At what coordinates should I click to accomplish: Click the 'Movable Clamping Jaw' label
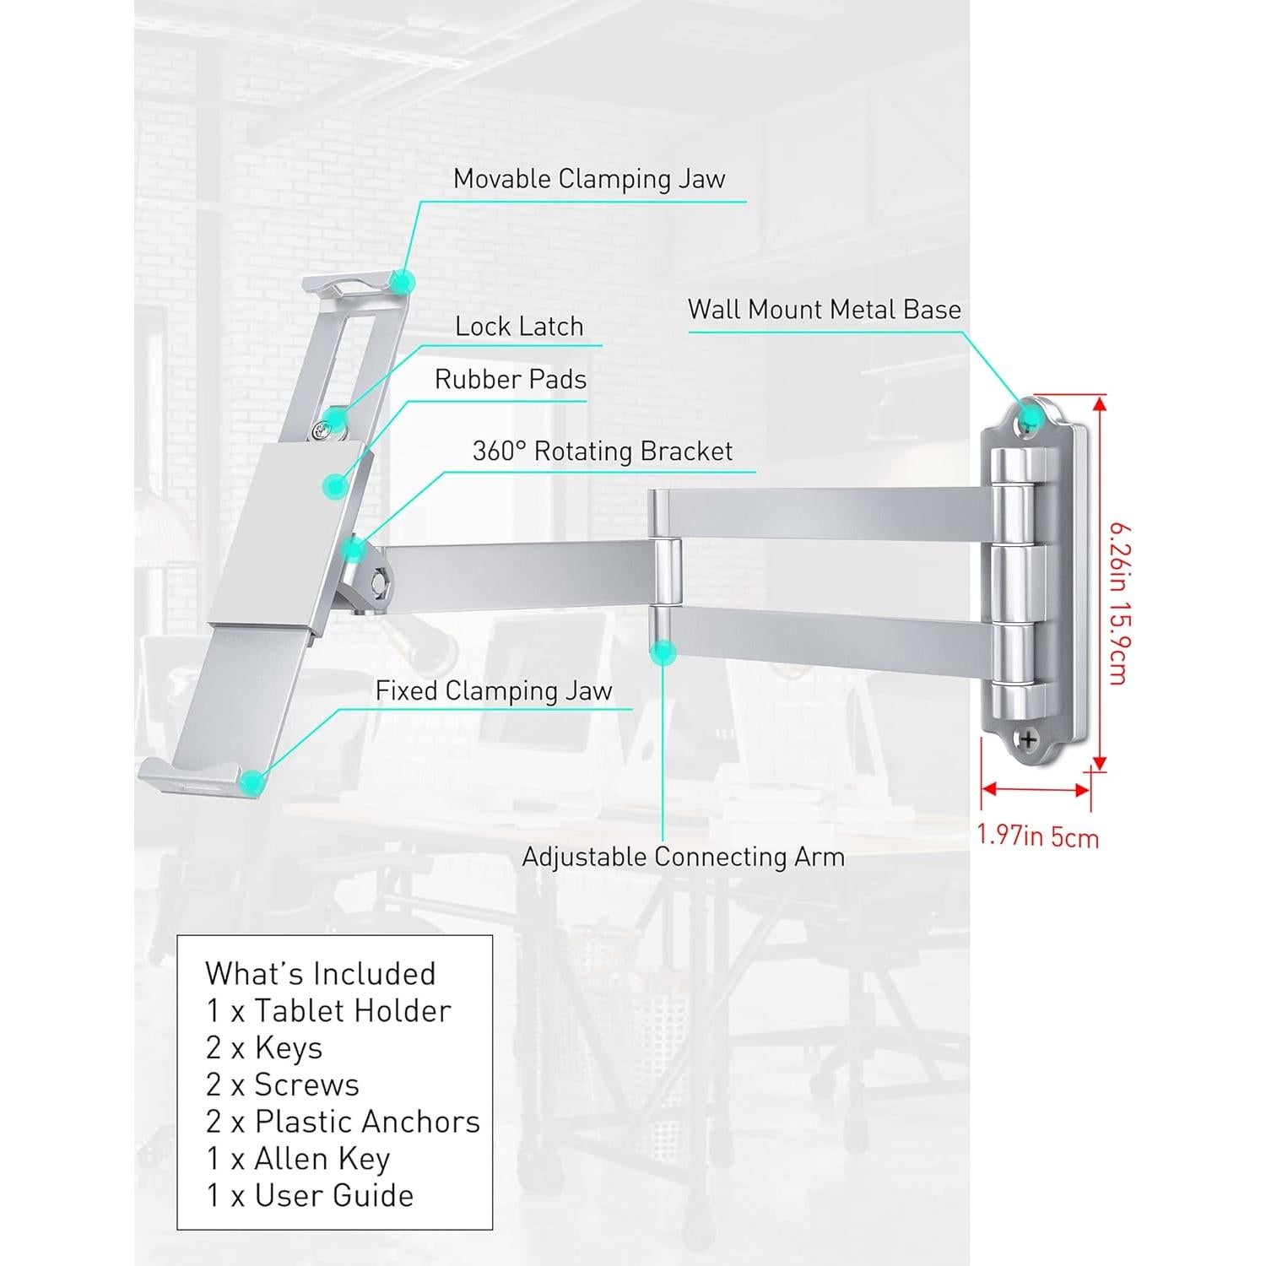589,179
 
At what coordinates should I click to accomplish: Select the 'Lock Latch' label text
519,327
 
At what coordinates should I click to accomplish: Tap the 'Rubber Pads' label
511,379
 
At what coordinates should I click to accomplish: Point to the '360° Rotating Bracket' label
603,451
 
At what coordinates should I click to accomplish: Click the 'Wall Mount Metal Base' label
825,309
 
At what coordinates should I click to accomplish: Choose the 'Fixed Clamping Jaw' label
494,690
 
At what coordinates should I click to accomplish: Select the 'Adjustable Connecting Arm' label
683,857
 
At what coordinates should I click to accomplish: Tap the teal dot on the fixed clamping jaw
250,782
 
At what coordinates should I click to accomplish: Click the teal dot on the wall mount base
1030,417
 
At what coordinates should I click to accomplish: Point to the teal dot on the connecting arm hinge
664,651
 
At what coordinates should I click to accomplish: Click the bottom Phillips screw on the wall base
1029,739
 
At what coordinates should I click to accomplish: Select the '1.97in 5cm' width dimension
1038,836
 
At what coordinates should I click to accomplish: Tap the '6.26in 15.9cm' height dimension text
1117,604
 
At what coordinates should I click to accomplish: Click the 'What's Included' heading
320,973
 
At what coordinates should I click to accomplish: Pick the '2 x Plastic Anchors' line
343,1122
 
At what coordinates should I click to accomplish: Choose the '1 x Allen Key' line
298,1159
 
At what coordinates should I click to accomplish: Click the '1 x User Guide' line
310,1195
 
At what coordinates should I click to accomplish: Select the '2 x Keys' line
264,1047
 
